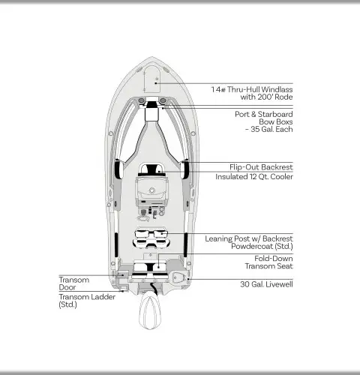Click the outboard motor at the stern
[x=150, y=310]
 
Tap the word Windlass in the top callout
[x=277, y=89]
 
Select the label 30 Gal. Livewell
[x=266, y=284]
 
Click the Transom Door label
[x=74, y=283]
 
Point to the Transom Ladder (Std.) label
[x=87, y=301]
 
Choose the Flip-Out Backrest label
[x=261, y=167]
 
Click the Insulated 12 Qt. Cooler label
[x=254, y=177]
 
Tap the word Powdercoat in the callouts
[x=252, y=246]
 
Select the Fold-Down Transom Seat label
[x=268, y=262]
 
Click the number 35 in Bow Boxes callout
[x=255, y=129]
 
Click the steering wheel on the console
[x=151, y=190]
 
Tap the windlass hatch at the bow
[x=151, y=79]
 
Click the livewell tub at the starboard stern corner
[x=178, y=277]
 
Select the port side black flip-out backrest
[x=118, y=169]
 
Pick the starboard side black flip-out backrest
[x=185, y=169]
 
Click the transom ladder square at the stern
[x=123, y=289]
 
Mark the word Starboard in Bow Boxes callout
[x=275, y=114]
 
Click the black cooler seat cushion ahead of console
[x=151, y=169]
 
